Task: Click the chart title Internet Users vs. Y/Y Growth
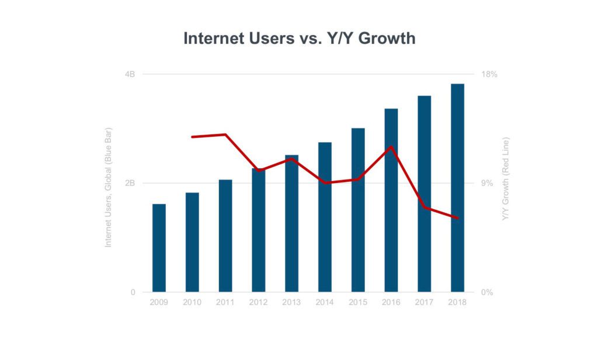[299, 39]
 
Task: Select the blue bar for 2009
[159, 248]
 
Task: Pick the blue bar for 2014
[325, 217]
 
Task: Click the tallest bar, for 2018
[457, 188]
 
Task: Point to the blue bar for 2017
[424, 193]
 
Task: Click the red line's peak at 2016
[391, 147]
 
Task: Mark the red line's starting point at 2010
[192, 137]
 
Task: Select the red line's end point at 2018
[457, 218]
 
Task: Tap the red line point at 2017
[425, 207]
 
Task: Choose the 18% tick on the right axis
[489, 74]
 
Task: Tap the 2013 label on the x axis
[291, 303]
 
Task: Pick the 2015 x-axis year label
[358, 303]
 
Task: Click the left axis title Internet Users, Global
[108, 187]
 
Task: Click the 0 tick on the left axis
[132, 292]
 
